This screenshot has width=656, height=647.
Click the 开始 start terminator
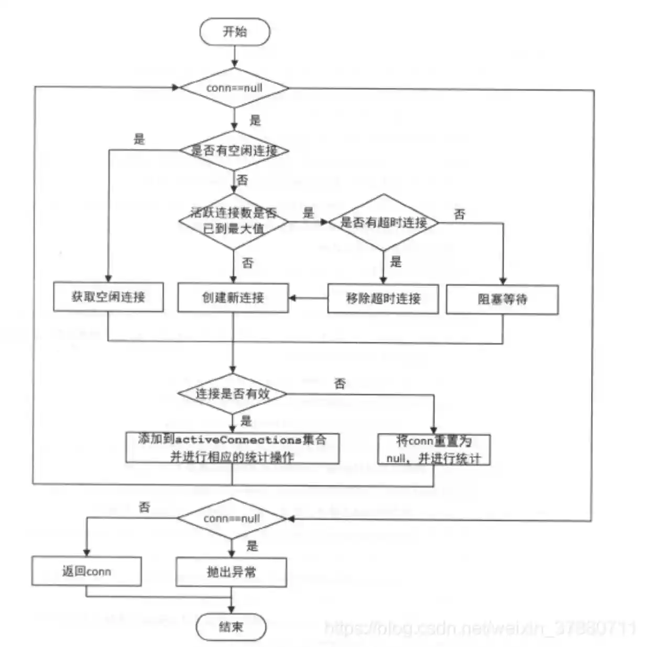click(234, 32)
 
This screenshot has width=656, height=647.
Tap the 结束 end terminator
click(231, 627)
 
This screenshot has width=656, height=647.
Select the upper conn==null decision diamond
click(234, 88)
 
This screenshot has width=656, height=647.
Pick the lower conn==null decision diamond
click(232, 519)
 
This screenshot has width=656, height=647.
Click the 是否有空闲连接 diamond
click(234, 151)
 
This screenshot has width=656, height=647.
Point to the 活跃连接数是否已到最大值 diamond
click(234, 221)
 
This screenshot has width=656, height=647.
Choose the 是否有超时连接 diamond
click(384, 222)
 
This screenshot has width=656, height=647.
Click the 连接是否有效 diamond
click(233, 394)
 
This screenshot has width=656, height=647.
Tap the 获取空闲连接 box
click(108, 297)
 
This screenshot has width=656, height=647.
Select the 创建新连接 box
click(233, 298)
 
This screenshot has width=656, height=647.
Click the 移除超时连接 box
click(383, 299)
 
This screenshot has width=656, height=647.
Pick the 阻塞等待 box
click(502, 299)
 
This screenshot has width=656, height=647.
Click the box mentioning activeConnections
click(232, 448)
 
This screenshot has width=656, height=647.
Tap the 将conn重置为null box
click(434, 449)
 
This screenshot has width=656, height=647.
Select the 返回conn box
click(86, 571)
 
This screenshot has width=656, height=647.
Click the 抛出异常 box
click(231, 571)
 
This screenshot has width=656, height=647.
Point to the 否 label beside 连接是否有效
click(340, 384)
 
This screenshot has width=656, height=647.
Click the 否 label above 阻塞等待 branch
click(460, 214)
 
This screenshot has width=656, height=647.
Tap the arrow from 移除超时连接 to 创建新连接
click(308, 298)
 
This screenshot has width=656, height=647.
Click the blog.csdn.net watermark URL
click(479, 628)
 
